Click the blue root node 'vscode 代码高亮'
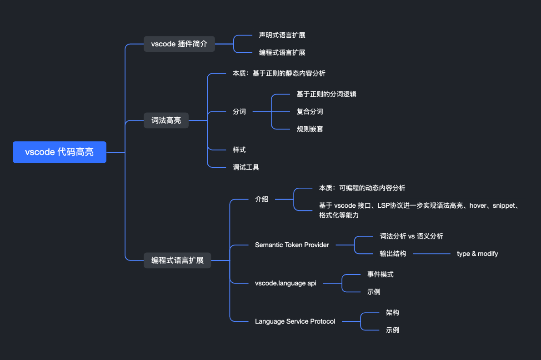coord(60,152)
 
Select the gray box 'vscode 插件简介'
coord(179,44)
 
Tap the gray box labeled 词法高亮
coord(166,120)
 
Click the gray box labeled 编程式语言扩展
coord(177,260)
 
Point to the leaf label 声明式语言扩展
coord(282,35)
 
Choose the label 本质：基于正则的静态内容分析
coord(279,73)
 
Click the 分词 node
coord(239,111)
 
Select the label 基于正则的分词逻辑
coord(326,94)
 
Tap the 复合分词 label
coord(310,111)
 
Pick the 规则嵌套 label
coord(310,129)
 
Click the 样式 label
coord(239,150)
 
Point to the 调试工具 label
coord(245,167)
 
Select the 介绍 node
coord(261,199)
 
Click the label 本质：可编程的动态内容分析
coord(362,188)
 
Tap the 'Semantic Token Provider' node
coord(292,245)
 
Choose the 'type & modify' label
coord(477,254)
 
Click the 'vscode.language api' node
coord(286,283)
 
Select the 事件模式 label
coord(380,275)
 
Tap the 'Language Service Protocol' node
coord(295,321)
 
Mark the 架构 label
coord(392,313)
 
